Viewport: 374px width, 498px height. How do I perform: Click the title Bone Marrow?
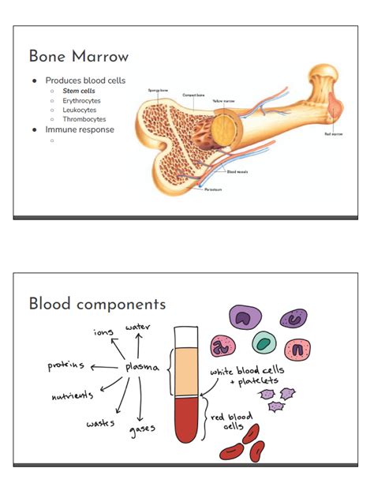pos(78,57)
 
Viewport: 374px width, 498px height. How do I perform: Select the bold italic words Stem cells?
pos(79,92)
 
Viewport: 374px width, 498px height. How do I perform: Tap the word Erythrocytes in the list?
pos(82,101)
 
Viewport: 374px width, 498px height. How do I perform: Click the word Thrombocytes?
pos(84,119)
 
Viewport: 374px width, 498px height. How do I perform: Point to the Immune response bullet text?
pos(80,129)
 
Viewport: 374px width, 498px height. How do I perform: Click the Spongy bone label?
pos(158,91)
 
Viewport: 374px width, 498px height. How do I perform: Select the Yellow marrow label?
pos(223,101)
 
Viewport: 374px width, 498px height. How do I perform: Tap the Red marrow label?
pos(333,134)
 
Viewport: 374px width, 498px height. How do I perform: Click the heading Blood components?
pos(97,304)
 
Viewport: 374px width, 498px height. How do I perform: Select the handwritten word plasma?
pos(143,367)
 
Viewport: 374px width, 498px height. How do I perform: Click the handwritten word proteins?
pos(66,366)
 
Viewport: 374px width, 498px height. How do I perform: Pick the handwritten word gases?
pos(142,430)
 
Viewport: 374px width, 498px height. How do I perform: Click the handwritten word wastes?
pos(101,424)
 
